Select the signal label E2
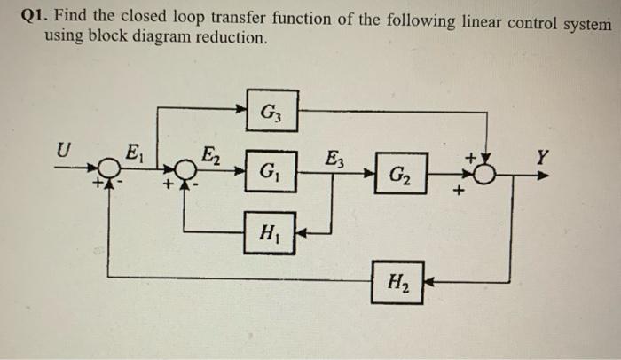click(213, 152)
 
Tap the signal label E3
click(334, 160)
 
